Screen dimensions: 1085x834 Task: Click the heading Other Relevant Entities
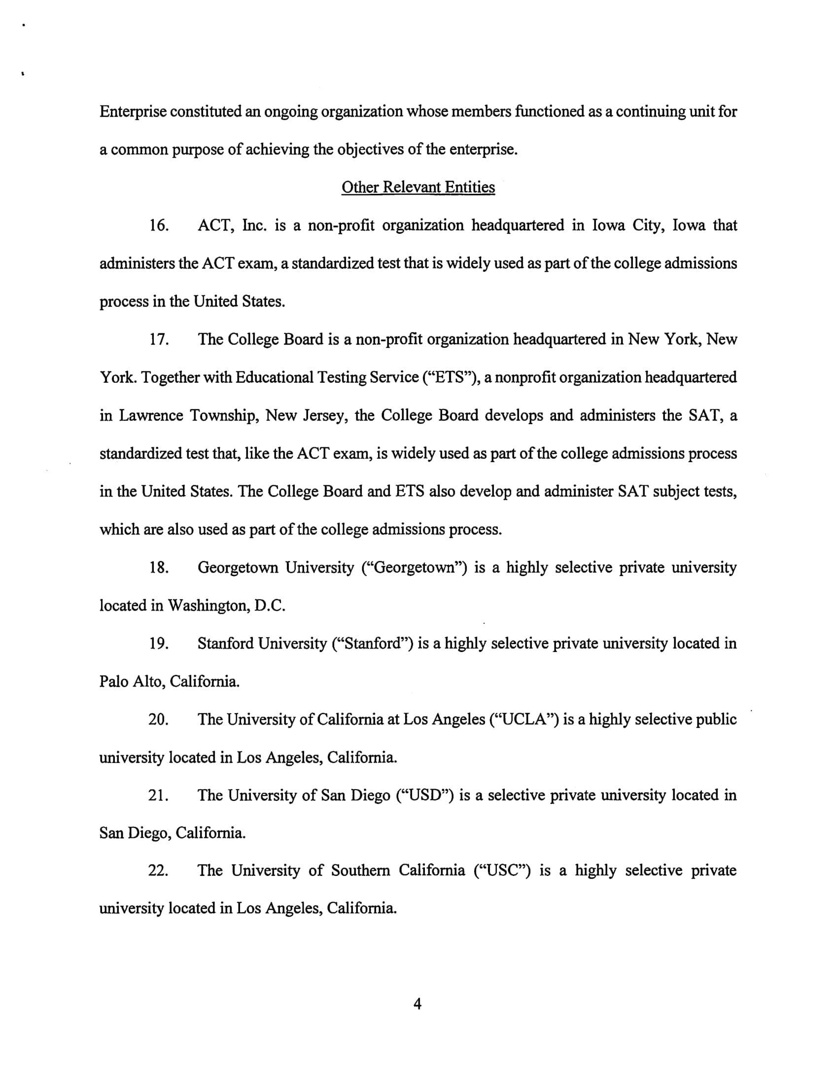(x=418, y=187)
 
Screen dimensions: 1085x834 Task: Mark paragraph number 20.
(x=159, y=720)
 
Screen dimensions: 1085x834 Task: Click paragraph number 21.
(x=159, y=796)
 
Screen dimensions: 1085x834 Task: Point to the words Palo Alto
(x=131, y=682)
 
